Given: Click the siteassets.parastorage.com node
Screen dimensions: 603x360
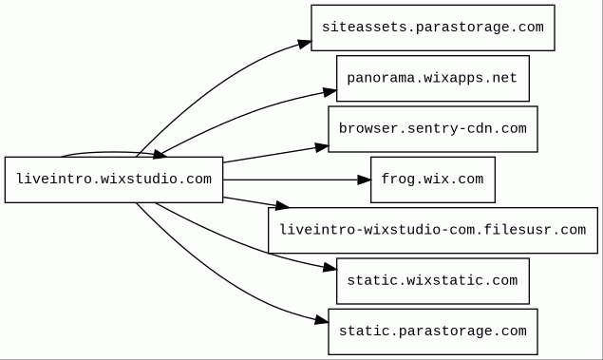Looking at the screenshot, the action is tap(433, 28).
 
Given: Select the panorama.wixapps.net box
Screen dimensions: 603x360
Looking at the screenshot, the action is tap(433, 79).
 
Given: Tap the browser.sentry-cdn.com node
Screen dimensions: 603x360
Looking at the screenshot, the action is tap(433, 129).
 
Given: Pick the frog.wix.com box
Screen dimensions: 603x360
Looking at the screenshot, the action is tap(433, 180).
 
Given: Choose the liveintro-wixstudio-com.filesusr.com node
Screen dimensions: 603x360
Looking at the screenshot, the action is tap(433, 231).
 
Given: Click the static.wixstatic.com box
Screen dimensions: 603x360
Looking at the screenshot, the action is tap(433, 281).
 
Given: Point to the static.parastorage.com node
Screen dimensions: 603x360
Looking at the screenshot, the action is tap(433, 332).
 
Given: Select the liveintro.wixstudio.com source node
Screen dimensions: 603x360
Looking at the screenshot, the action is tap(114, 180).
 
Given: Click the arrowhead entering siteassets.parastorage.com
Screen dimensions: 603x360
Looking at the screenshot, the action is tap(305, 45).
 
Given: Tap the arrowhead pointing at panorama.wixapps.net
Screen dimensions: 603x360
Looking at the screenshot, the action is tap(330, 92).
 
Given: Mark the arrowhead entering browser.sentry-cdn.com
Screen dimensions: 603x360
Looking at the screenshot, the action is tap(322, 147).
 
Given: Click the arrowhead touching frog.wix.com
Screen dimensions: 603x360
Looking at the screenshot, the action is tap(365, 180).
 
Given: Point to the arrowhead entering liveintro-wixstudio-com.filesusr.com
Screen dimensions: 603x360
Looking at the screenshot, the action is tap(282, 206).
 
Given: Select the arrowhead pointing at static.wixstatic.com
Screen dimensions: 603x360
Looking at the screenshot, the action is tap(330, 267).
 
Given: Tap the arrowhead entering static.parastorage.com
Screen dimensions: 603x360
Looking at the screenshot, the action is tap(322, 319).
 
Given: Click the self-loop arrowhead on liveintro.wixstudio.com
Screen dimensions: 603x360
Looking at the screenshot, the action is tap(160, 155).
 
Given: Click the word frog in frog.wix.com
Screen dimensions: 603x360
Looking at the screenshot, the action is tap(394, 180).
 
